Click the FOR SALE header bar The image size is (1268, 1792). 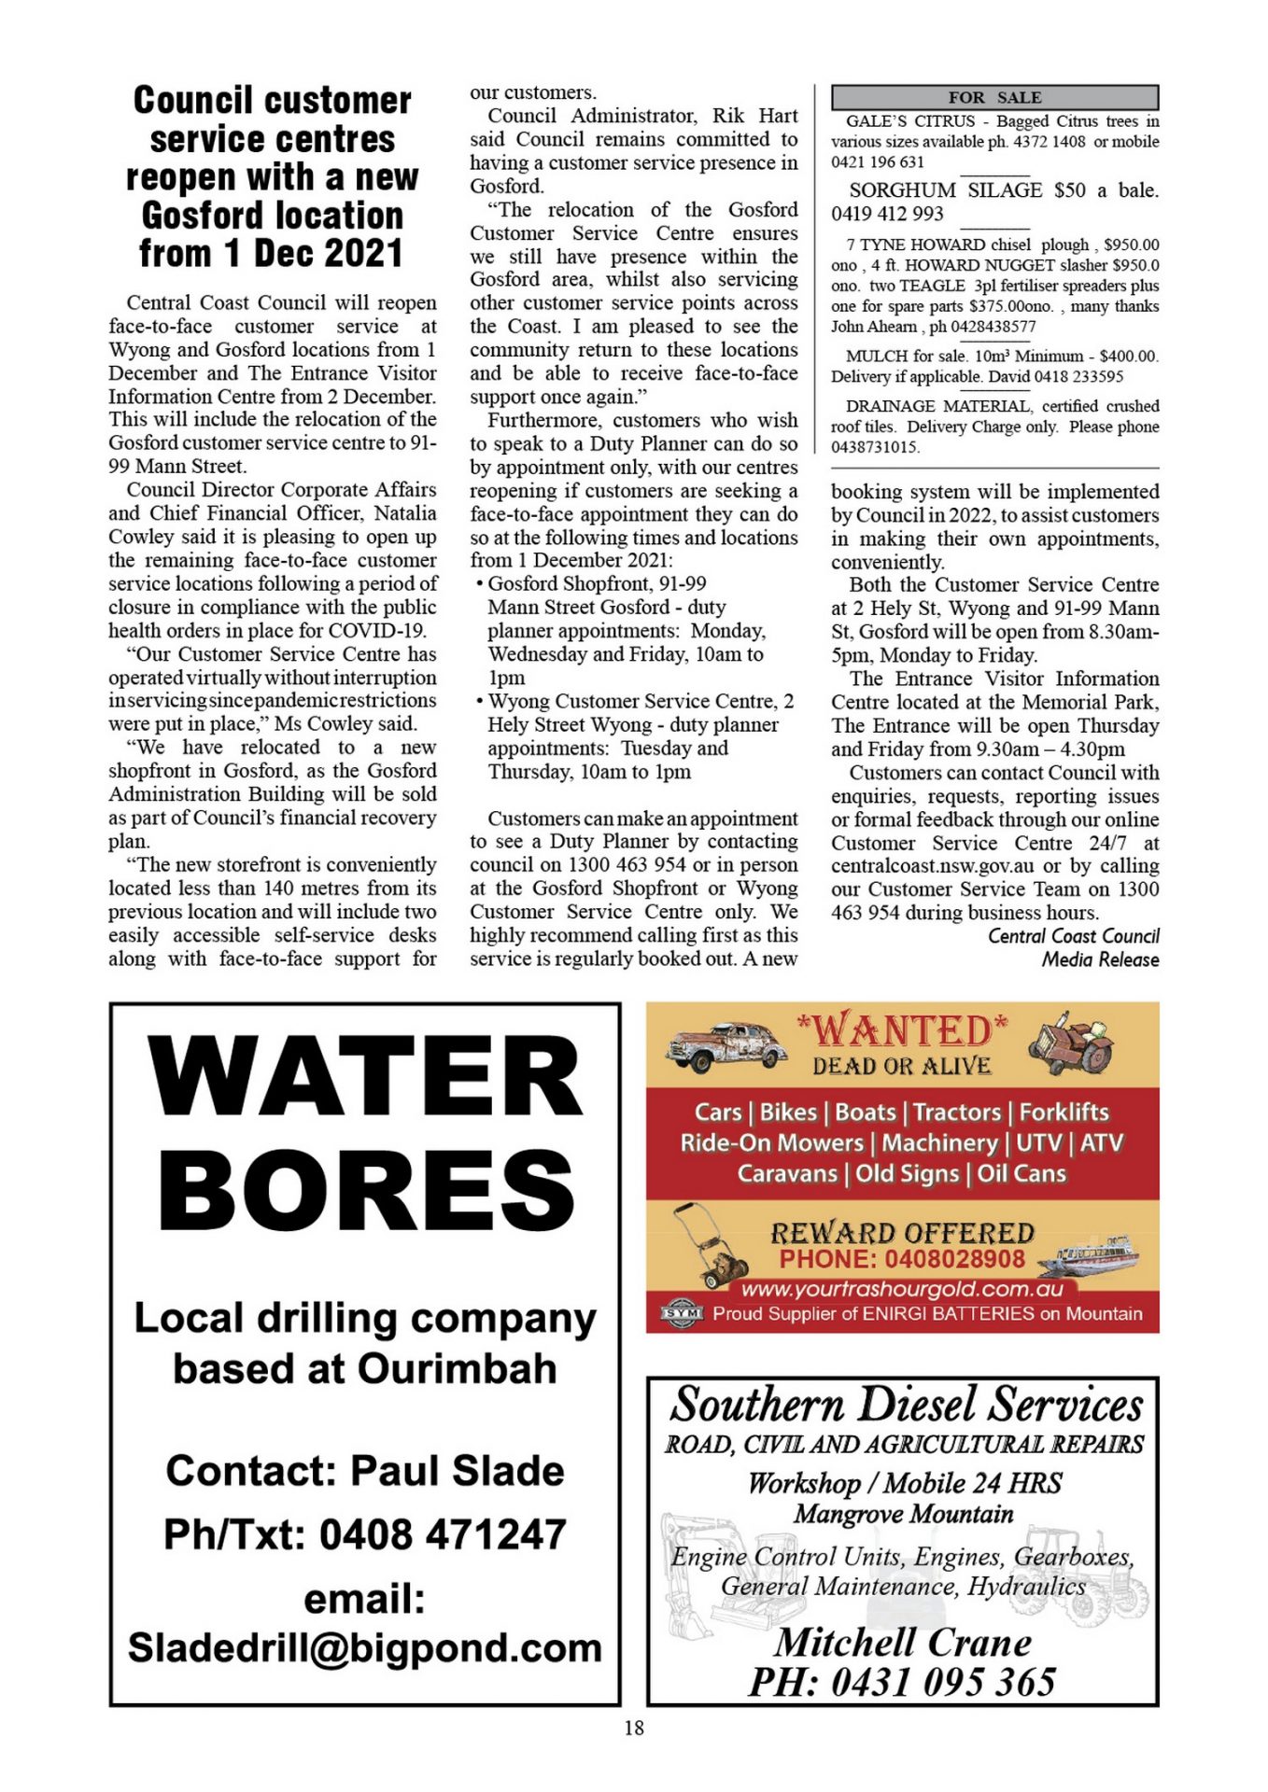pyautogui.click(x=994, y=97)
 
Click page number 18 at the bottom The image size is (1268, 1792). pyautogui.click(x=634, y=1728)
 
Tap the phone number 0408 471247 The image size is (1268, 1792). pyautogui.click(x=443, y=1533)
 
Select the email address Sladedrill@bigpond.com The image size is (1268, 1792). pyautogui.click(x=365, y=1647)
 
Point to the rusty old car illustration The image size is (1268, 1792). pyautogui.click(x=726, y=1045)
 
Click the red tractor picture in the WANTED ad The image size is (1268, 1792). pyautogui.click(x=1073, y=1046)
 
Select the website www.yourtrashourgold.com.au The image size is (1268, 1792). pyautogui.click(x=902, y=1289)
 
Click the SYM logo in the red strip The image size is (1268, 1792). pyautogui.click(x=681, y=1313)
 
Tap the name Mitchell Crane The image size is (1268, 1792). pyautogui.click(x=903, y=1642)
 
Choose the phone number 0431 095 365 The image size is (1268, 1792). pyautogui.click(x=943, y=1682)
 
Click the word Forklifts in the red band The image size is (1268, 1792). pyautogui.click(x=1064, y=1112)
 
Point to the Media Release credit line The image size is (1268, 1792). pyautogui.click(x=1100, y=959)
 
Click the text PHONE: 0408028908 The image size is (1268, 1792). pyautogui.click(x=902, y=1259)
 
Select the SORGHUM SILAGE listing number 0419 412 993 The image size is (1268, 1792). pyautogui.click(x=887, y=214)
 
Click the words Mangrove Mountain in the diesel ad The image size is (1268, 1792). pyautogui.click(x=903, y=1513)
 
